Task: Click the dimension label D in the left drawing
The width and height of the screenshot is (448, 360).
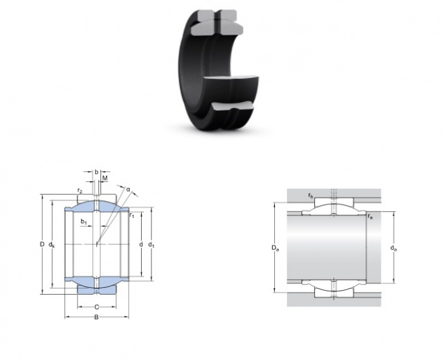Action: [x=42, y=245]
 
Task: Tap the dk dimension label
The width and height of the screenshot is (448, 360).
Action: [x=52, y=245]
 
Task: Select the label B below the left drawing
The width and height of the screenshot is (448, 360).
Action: [x=96, y=317]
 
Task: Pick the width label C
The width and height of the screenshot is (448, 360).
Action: [x=96, y=307]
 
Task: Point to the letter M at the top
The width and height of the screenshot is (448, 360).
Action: [x=105, y=179]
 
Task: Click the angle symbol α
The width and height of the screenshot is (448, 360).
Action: [x=128, y=190]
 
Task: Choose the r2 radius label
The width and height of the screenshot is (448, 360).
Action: [x=79, y=191]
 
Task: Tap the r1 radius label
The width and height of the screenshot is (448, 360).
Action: [x=132, y=215]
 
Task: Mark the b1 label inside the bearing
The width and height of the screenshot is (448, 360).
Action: [x=83, y=221]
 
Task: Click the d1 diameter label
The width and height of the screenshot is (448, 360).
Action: [x=151, y=245]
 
